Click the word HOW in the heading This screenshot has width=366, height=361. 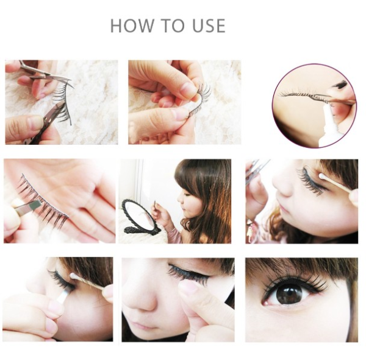point(132,26)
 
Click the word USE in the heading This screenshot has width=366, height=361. point(209,26)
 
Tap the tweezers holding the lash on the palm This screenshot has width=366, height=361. point(27,206)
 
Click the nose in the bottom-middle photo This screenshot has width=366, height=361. point(142,301)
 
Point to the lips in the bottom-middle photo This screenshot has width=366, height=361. point(140,324)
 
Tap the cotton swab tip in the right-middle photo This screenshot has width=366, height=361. point(323,177)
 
